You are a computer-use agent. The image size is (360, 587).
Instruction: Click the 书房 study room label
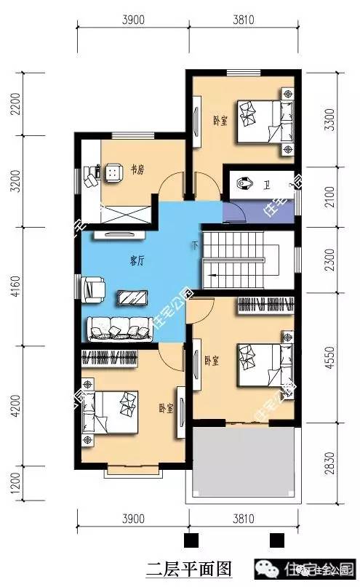pyautogui.click(x=137, y=170)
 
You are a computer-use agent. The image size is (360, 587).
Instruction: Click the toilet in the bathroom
pyautogui.click(x=245, y=184)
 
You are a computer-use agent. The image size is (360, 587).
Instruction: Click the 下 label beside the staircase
pyautogui.click(x=194, y=244)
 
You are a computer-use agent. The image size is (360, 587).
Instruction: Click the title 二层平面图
pyautogui.click(x=179, y=567)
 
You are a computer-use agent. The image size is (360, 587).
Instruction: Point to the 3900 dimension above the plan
pyautogui.click(x=132, y=20)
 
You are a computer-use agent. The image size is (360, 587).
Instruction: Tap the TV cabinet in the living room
pyautogui.click(x=114, y=235)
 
